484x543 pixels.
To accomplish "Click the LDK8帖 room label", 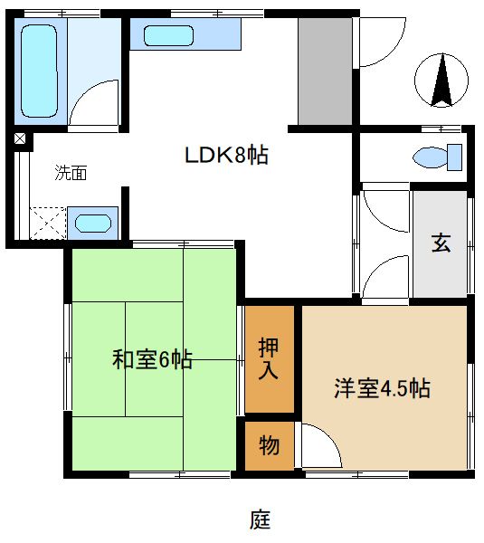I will [226, 155].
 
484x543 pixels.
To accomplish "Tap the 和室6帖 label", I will [152, 359].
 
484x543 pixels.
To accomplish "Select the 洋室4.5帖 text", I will [381, 389].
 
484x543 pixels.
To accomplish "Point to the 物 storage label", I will [270, 445].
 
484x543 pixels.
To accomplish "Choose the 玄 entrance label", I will [441, 243].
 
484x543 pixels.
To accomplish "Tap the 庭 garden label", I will [261, 519].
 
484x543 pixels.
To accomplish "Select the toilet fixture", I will [439, 157].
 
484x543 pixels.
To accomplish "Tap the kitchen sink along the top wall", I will [167, 37].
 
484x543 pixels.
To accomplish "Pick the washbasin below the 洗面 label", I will [93, 223].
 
